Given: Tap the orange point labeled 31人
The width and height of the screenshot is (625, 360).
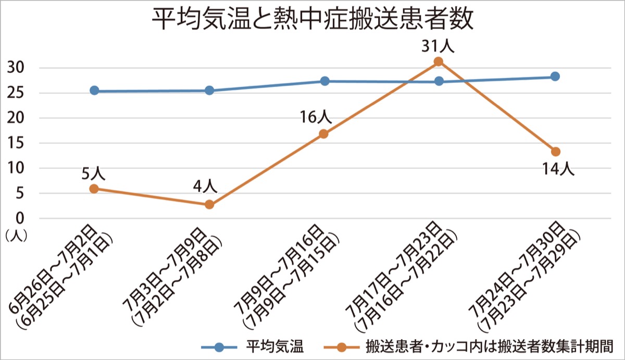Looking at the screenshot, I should coord(438,61).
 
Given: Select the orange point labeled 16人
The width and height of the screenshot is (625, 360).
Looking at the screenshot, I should coord(323,134).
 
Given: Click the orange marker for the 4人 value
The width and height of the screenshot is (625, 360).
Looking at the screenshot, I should coord(209,205).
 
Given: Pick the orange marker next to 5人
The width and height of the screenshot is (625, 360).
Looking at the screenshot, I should coord(94,189).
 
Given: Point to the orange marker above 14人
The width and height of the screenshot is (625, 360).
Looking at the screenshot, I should coord(555,152).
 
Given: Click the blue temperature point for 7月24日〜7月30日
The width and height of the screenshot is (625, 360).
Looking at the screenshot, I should coord(555,77).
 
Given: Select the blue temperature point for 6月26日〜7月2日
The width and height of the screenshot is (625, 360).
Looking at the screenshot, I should coord(94,91).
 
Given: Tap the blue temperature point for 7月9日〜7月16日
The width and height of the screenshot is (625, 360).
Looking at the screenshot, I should coord(324,81).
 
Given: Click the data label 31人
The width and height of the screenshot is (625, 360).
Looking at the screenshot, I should coord(438,46).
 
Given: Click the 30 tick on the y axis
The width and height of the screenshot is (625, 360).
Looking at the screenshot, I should coord(16,68).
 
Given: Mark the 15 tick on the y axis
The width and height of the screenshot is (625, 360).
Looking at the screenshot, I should coord(16,143).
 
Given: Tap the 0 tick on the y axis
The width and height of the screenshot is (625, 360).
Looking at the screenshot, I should coord(19,218).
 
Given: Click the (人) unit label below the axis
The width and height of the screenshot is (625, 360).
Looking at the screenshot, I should coord(16,235).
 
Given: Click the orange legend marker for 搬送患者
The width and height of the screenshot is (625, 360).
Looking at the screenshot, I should coord(342,347).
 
